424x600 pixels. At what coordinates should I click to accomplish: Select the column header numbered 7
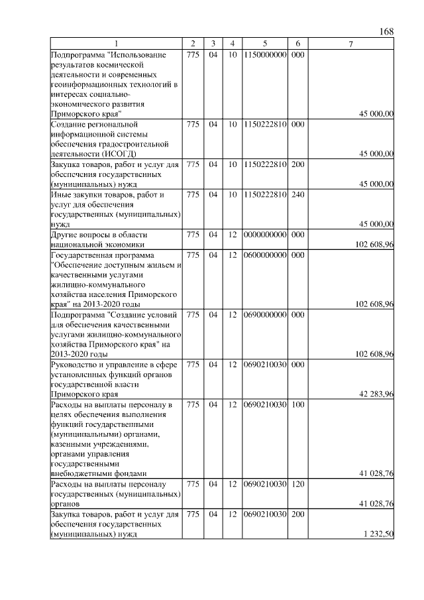click(x=351, y=44)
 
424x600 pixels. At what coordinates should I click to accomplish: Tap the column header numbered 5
click(x=264, y=44)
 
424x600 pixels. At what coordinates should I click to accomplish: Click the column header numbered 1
click(x=117, y=44)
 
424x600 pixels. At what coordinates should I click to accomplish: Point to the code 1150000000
click(x=265, y=54)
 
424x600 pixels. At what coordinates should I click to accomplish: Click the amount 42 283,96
click(x=376, y=393)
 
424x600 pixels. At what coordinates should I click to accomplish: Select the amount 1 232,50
click(x=378, y=534)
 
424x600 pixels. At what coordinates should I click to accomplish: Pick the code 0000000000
click(x=265, y=235)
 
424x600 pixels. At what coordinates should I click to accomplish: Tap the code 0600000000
click(x=265, y=255)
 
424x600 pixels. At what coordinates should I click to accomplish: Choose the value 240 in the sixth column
click(x=297, y=195)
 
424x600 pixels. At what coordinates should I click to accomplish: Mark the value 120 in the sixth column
click(x=297, y=484)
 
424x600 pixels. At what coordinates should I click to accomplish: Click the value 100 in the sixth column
click(x=297, y=404)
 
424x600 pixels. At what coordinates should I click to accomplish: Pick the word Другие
click(x=65, y=235)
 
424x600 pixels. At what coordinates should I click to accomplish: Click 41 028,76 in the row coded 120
click(x=376, y=504)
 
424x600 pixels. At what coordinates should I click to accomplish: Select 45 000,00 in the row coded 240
click(x=376, y=224)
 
